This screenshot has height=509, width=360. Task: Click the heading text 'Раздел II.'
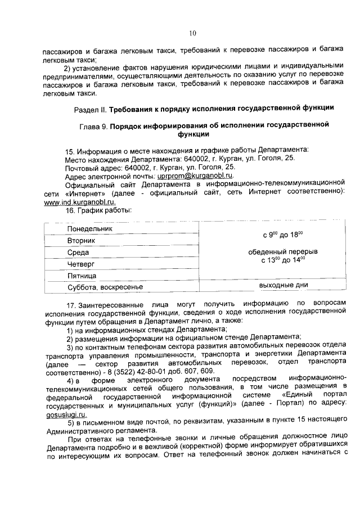point(91,107)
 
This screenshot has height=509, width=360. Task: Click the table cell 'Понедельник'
point(90,229)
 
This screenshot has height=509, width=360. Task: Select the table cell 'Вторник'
point(81,241)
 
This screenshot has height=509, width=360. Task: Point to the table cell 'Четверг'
point(80,264)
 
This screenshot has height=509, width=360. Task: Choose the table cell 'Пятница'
point(82,276)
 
